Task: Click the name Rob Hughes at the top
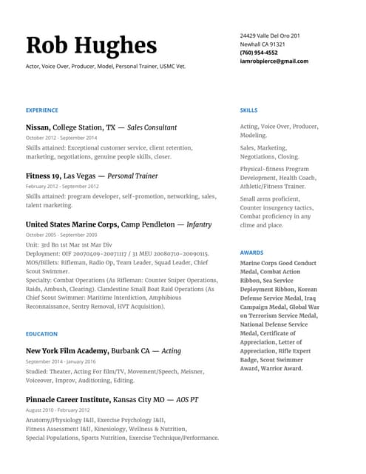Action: pos(91,46)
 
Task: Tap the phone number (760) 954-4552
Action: pos(259,53)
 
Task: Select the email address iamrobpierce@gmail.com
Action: pos(274,61)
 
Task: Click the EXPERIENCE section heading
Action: pos(41,110)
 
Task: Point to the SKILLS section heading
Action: pos(249,110)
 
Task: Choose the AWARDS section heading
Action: pos(251,253)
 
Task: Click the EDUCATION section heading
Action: pos(41,334)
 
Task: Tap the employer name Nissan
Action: pos(38,127)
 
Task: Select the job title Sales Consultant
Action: pos(152,127)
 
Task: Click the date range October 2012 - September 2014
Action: pos(61,138)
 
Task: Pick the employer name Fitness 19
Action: pos(43,176)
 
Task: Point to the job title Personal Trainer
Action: pos(133,176)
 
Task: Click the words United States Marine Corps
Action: pos(72,224)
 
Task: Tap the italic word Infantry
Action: pos(199,224)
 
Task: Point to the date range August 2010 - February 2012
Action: pos(58,410)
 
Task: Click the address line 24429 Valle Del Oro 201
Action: pos(270,36)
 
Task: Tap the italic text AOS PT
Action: pos(187,399)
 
